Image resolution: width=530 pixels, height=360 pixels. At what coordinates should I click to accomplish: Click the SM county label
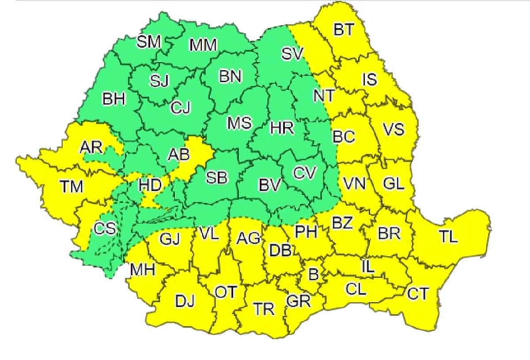[x=149, y=42]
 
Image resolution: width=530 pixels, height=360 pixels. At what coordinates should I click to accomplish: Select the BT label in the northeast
[x=344, y=30]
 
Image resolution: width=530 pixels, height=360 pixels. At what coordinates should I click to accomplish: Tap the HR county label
[x=282, y=128]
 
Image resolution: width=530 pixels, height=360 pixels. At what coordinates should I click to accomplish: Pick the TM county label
[x=72, y=187]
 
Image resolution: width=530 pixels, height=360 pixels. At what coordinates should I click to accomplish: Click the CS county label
[x=105, y=228]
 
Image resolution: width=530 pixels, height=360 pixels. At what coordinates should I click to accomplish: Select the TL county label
[x=448, y=237]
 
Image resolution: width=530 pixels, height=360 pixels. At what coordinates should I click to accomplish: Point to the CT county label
[x=417, y=294]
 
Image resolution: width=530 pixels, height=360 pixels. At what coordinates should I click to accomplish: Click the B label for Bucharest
[x=313, y=275]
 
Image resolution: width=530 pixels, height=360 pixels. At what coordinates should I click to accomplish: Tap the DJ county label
[x=185, y=302]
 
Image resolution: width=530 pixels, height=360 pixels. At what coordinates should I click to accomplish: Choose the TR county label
[x=265, y=309]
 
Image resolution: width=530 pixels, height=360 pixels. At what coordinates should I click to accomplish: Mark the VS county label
[x=393, y=129]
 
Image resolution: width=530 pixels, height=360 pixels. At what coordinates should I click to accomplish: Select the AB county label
[x=179, y=154]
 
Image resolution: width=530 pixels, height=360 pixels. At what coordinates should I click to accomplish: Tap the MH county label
[x=142, y=269]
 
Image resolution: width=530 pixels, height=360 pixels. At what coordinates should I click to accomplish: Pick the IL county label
[x=367, y=266]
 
